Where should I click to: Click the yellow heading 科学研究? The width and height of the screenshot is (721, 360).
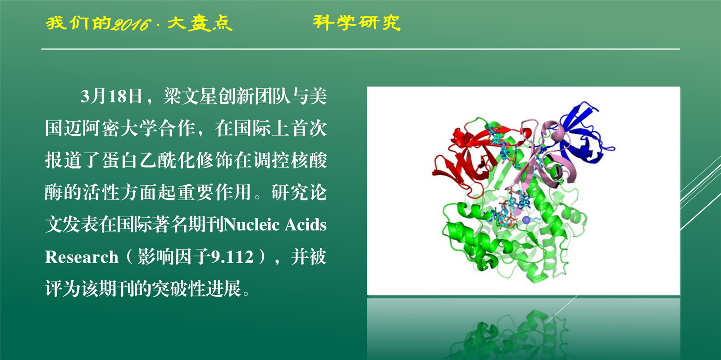[x=356, y=23]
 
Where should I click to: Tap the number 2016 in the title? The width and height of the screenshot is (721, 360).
[x=131, y=24]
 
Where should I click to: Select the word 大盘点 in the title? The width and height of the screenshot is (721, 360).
[x=200, y=23]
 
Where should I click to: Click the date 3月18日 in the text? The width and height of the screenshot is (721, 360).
[x=111, y=96]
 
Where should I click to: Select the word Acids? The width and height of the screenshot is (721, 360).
[x=306, y=224]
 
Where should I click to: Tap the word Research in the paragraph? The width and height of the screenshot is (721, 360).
[x=82, y=257]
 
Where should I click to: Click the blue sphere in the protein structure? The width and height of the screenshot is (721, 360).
[x=526, y=220]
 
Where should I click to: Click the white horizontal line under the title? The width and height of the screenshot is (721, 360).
[x=360, y=49]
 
